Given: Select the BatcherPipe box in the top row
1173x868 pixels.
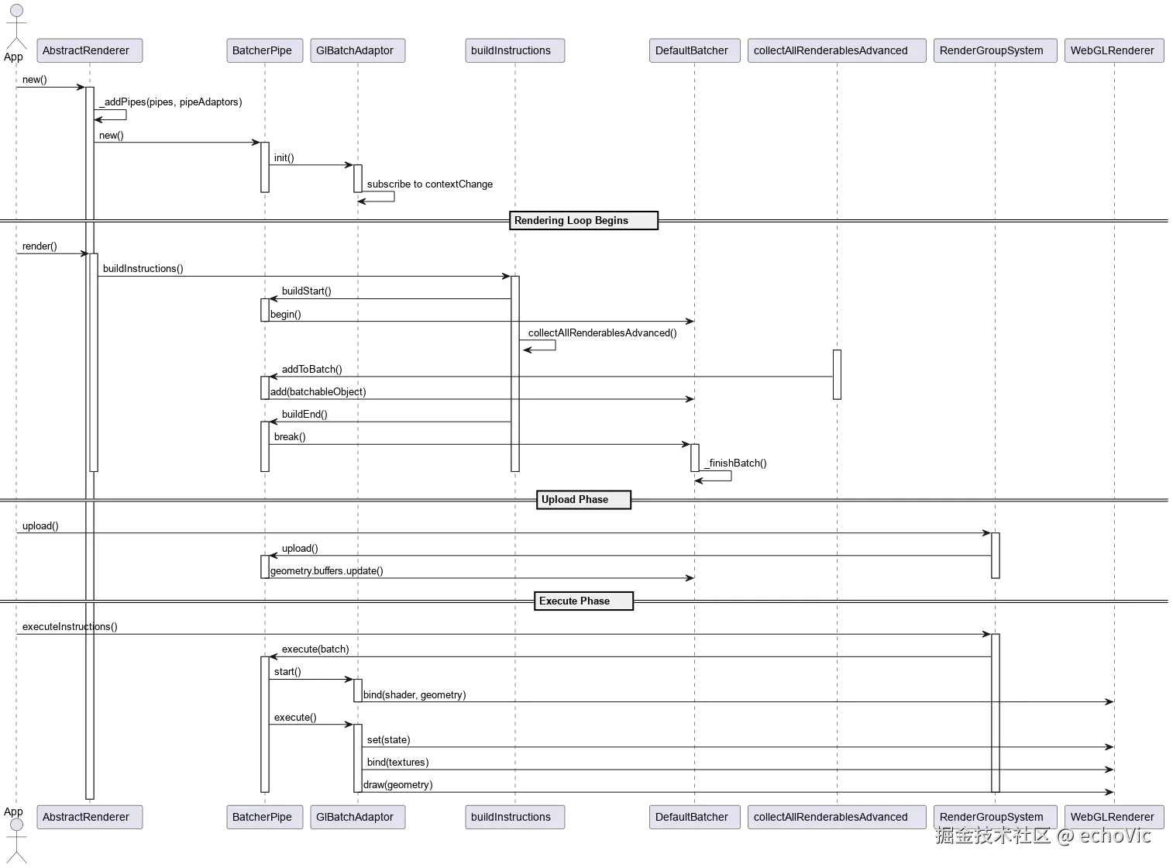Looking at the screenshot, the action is (x=263, y=50).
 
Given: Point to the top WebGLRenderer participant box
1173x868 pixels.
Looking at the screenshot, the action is (x=1113, y=50).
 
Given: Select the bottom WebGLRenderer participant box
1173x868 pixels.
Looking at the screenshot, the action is (x=1113, y=817).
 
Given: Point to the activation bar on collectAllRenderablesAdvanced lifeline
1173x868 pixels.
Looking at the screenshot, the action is (x=837, y=375).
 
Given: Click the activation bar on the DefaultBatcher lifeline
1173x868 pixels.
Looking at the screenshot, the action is (x=694, y=457).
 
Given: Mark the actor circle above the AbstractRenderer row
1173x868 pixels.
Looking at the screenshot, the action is (x=16, y=10).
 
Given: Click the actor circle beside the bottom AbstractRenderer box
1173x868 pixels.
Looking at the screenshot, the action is (x=16, y=824).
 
